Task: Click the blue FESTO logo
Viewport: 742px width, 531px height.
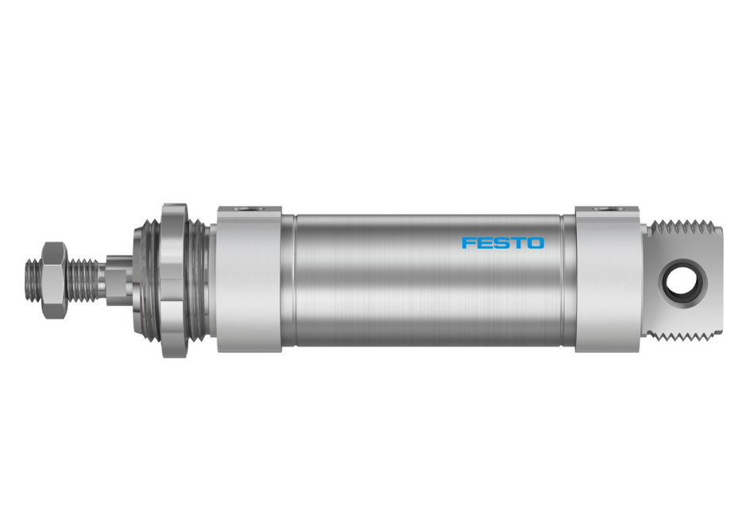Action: [x=503, y=242]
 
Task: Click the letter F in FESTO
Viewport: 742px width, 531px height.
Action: [x=469, y=242]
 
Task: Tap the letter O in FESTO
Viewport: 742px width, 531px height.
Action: [x=536, y=242]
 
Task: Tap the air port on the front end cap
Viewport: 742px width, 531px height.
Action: [x=249, y=209]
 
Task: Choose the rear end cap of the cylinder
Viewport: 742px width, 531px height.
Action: [x=608, y=280]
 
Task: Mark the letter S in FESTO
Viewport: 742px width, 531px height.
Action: [x=502, y=242]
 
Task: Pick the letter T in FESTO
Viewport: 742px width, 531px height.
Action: [x=519, y=242]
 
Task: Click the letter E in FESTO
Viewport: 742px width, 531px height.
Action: [x=485, y=242]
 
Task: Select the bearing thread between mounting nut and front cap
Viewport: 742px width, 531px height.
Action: [x=201, y=280]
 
